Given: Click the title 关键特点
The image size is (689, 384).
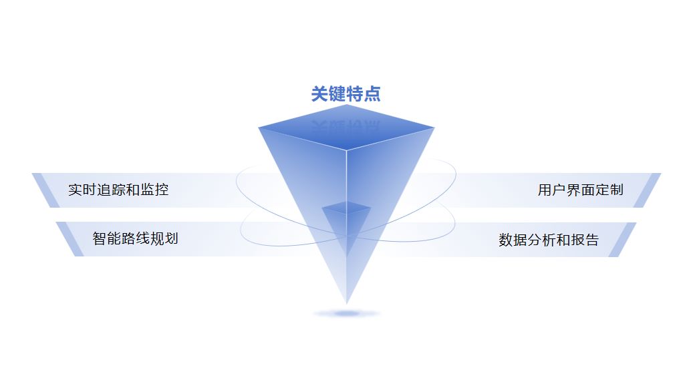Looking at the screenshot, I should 346,94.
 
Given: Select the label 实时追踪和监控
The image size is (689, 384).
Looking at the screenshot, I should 118,190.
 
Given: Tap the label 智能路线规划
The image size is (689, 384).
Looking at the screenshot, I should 135,238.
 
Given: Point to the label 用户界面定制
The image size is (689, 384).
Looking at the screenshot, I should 580,190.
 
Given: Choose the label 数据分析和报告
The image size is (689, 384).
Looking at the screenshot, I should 548,240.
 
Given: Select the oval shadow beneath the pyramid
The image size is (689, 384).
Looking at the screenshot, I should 346,313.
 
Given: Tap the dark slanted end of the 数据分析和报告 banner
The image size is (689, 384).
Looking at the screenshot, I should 622,239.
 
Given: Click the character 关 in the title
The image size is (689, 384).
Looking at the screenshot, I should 319,94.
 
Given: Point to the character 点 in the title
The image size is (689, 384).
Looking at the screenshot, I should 372,94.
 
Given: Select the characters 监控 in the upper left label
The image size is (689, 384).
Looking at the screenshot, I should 156,190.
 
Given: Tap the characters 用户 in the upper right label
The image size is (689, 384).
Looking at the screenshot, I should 550,190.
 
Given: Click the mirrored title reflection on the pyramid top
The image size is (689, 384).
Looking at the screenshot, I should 346,126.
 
